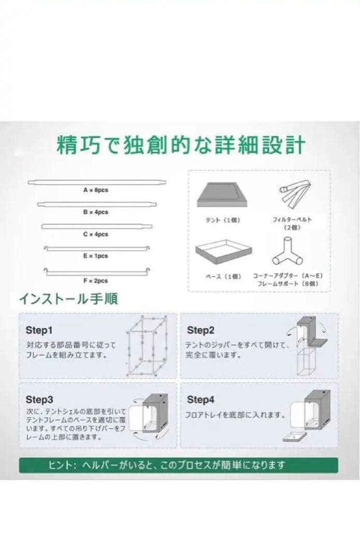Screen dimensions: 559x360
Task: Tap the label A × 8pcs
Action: coord(96,190)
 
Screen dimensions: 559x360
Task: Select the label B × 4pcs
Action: coord(96,212)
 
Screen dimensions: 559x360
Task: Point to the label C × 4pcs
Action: coord(96,234)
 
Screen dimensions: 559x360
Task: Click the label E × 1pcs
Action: coord(96,256)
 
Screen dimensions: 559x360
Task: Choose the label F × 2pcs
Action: coord(96,281)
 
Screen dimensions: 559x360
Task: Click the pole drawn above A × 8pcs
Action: coord(97,182)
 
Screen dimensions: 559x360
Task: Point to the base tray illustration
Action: coord(223,252)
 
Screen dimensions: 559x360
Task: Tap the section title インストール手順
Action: coord(68,299)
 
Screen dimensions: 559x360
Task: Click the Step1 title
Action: coord(39,330)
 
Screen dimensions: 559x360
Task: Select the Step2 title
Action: coord(200,330)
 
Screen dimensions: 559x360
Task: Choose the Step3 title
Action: coord(39,400)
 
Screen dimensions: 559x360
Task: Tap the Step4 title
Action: coord(200,400)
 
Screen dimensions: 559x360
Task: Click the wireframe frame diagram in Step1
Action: coord(149,345)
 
